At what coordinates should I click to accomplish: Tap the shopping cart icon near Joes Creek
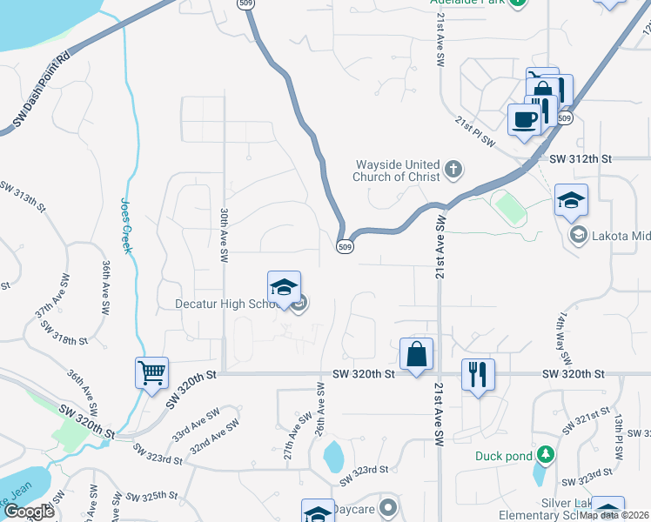click(x=151, y=373)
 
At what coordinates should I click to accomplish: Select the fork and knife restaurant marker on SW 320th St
click(x=478, y=374)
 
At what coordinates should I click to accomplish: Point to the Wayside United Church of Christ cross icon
click(x=453, y=169)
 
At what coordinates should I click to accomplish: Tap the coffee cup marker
click(x=525, y=119)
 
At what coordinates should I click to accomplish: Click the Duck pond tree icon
click(x=545, y=455)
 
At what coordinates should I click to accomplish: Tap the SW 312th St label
click(x=581, y=159)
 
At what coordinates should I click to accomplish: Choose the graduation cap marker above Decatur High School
click(x=284, y=287)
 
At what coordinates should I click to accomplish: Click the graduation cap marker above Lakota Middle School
click(x=571, y=200)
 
